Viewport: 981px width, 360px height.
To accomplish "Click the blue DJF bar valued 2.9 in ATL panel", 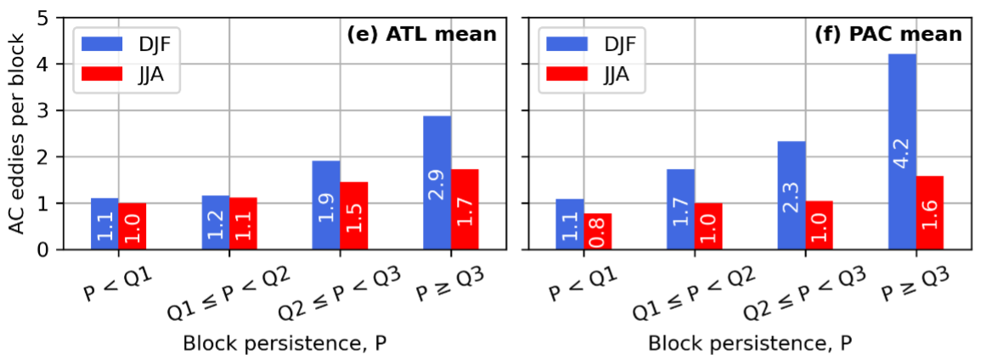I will pos(437,183).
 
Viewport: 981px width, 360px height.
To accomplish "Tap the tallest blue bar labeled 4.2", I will pos(902,152).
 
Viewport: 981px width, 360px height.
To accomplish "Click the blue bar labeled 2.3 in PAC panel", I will pos(792,195).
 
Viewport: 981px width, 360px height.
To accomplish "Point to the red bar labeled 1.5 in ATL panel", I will pos(354,216).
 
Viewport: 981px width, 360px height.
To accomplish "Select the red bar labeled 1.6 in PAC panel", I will pos(929,212).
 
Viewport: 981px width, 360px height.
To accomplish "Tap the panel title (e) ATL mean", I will pos(420,35).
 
